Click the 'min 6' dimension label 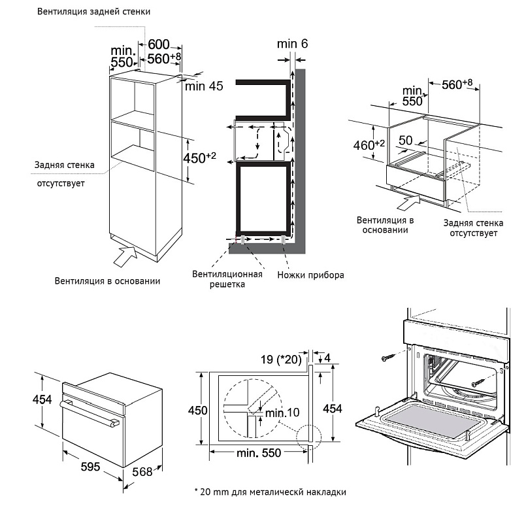click(291, 43)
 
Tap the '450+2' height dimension click(203, 158)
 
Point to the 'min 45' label click(204, 86)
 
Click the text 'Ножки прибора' click(310, 275)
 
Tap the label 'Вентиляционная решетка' click(227, 279)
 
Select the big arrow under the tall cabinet click(125, 256)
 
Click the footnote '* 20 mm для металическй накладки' click(270, 491)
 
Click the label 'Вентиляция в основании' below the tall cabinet click(108, 281)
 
